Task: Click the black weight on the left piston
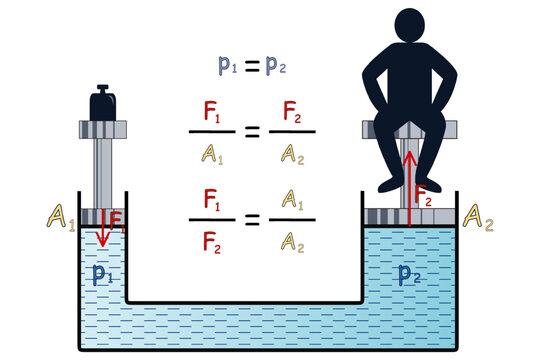(101, 104)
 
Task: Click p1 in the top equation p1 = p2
(229, 66)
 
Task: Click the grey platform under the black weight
(101, 129)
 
